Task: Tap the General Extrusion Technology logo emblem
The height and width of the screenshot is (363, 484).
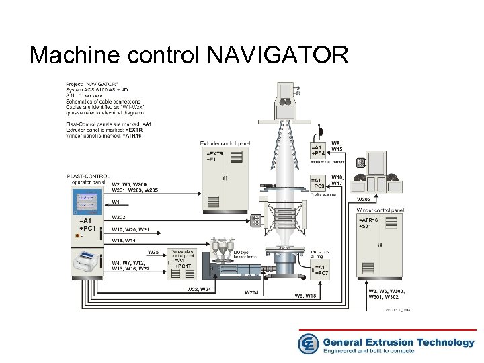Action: click(309, 344)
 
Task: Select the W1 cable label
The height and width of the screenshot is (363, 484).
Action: click(116, 202)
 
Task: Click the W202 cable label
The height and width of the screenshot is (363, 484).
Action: click(119, 217)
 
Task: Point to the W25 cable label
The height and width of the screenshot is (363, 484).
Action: click(153, 252)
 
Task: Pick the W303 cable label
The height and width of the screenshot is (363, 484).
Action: click(364, 200)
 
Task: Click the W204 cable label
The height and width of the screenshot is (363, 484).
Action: click(251, 293)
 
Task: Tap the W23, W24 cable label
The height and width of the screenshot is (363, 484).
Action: click(200, 290)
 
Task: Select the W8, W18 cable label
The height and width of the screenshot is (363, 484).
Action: click(305, 296)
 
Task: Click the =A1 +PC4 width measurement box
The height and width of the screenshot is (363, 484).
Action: click(318, 151)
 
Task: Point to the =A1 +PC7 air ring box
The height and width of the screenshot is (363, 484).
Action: click(321, 270)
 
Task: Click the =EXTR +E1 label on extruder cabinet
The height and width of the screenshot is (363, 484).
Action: click(216, 157)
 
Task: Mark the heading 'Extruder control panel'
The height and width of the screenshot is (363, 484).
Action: click(225, 143)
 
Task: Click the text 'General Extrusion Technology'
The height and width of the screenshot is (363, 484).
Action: click(399, 342)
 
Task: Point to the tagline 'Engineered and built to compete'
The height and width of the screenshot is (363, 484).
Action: click(378, 351)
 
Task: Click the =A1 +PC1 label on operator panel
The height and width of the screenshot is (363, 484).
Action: click(86, 224)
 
